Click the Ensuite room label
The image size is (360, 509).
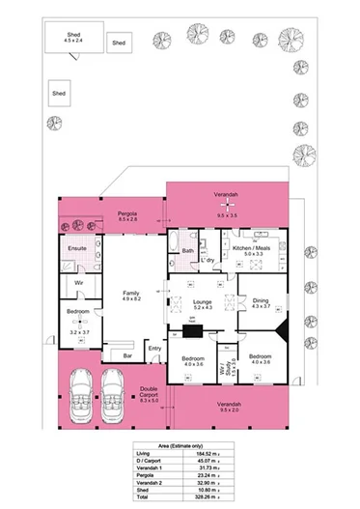76,248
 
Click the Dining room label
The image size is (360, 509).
262,301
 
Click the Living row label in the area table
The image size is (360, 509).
146,453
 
